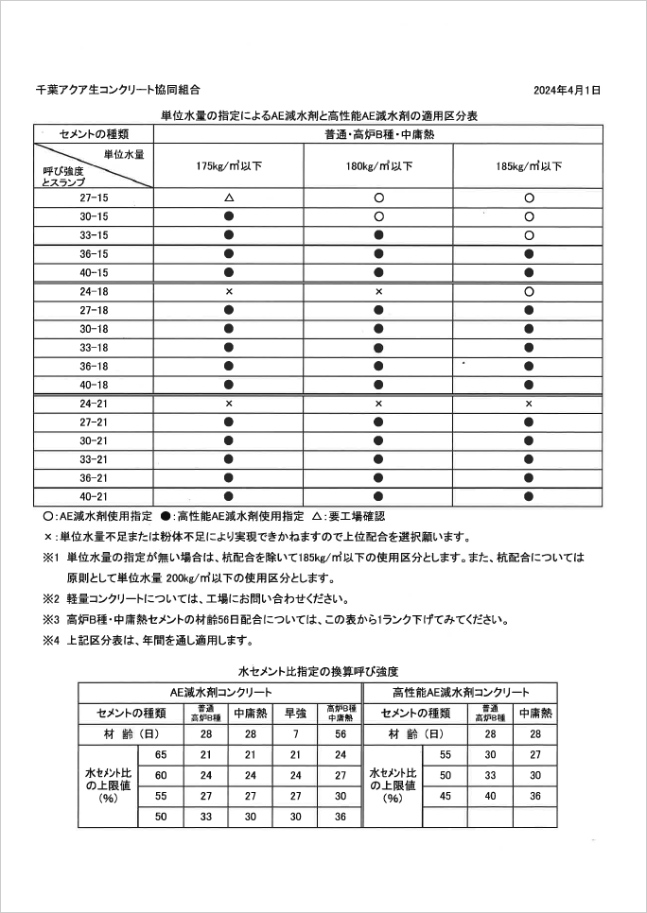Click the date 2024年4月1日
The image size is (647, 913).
(x=567, y=91)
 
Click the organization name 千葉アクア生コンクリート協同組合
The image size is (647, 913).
(x=117, y=91)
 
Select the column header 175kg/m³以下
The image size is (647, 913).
(x=229, y=166)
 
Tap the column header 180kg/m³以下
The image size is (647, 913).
(x=378, y=166)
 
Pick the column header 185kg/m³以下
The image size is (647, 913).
(x=529, y=166)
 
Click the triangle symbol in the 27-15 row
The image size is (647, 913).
(x=229, y=198)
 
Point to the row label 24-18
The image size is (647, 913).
(x=95, y=292)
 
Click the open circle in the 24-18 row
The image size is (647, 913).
(x=529, y=292)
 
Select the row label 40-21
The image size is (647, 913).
(x=95, y=495)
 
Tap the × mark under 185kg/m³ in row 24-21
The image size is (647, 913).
(x=529, y=404)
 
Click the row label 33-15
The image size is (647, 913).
(x=95, y=235)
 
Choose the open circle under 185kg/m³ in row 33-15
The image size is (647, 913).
(x=529, y=235)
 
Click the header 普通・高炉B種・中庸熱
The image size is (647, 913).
(x=378, y=135)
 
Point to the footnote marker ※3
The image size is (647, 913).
(x=51, y=620)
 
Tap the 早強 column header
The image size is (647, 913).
(x=296, y=713)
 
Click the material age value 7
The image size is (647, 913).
(x=296, y=733)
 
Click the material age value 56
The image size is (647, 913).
(x=341, y=733)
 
